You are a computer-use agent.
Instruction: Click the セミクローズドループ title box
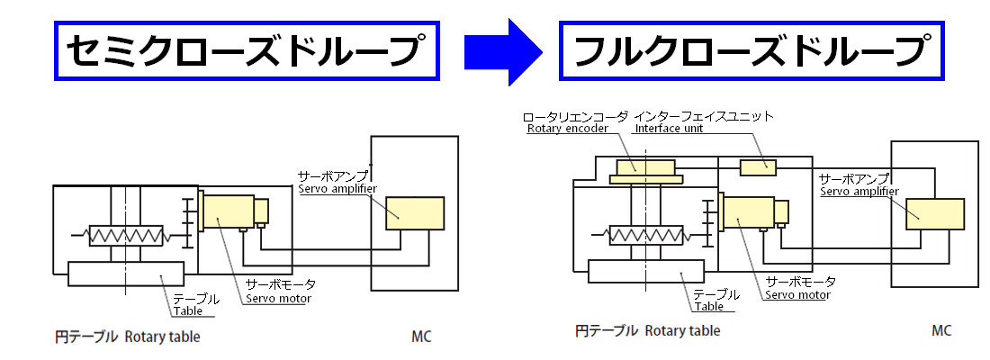(x=246, y=50)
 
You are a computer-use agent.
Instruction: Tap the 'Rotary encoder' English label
(x=567, y=129)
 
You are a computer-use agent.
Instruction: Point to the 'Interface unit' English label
(x=670, y=129)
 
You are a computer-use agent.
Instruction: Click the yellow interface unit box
(x=758, y=166)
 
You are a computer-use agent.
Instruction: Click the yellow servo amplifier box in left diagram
(x=414, y=213)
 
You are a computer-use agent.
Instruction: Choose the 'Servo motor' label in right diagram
(x=797, y=294)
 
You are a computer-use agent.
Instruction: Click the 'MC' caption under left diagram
(x=421, y=337)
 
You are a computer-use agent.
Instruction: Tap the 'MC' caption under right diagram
(x=941, y=331)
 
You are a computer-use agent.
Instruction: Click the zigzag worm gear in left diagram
(x=126, y=236)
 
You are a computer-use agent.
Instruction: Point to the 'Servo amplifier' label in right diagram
(x=859, y=191)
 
